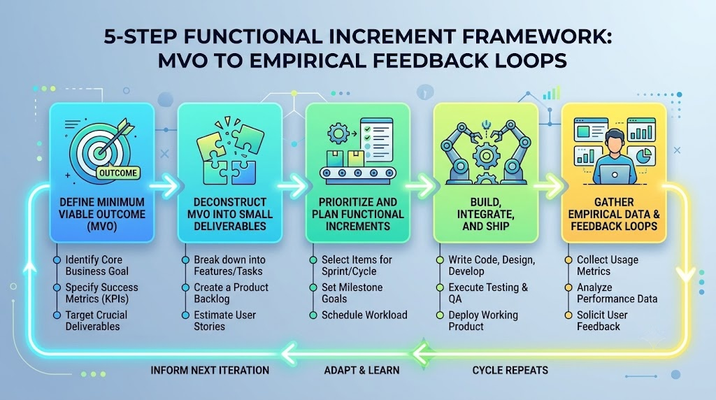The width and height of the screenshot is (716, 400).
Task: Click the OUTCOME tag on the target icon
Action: click(x=117, y=173)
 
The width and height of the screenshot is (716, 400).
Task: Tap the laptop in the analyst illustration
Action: click(x=614, y=174)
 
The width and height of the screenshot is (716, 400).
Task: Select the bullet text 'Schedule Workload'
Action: click(x=364, y=315)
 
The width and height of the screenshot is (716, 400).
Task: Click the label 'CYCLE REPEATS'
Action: click(x=510, y=371)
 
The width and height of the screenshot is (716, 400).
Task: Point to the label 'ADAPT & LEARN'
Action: click(x=361, y=371)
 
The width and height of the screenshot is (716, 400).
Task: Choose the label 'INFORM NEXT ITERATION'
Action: click(x=210, y=371)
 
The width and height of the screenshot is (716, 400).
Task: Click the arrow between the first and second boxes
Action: click(x=166, y=186)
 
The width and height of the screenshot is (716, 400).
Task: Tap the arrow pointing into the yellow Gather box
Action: click(x=550, y=186)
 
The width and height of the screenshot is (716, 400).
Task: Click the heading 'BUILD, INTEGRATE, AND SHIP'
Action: click(x=486, y=214)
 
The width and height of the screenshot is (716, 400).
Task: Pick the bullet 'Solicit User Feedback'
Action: click(x=602, y=320)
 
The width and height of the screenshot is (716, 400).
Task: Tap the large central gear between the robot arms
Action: click(x=486, y=156)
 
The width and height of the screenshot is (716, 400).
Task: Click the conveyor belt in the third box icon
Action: click(x=358, y=173)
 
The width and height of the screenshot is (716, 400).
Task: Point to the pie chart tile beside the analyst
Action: click(x=642, y=156)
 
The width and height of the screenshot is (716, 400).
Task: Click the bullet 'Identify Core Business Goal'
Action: click(x=96, y=265)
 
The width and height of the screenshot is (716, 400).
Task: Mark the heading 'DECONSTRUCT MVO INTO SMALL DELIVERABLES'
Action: click(x=230, y=214)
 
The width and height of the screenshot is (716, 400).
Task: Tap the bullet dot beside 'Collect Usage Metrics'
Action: click(x=568, y=260)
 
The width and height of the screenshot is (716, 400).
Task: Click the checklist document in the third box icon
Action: click(x=377, y=139)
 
